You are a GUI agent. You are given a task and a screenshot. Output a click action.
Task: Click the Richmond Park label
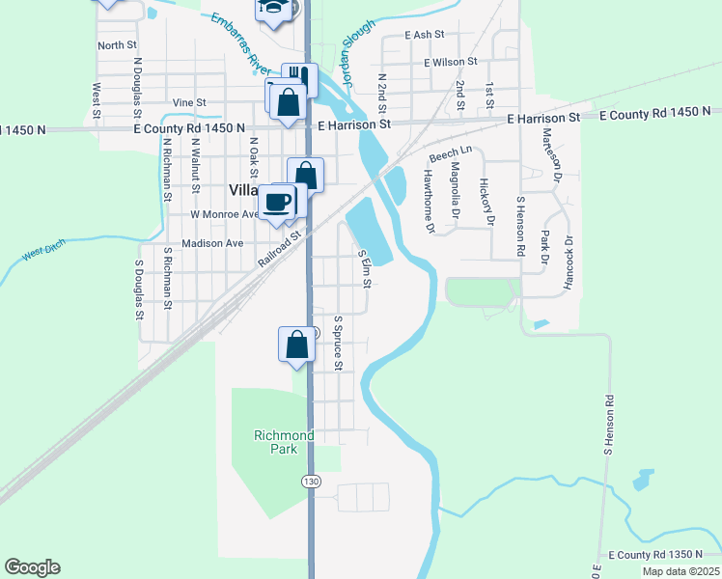click(x=284, y=443)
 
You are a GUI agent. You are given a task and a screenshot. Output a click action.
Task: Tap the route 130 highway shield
click(x=310, y=481)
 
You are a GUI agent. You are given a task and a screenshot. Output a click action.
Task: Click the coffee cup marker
click(x=277, y=202)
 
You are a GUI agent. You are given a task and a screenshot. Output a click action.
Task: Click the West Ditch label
click(x=44, y=253)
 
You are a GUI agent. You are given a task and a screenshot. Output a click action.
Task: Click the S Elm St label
click(x=365, y=268)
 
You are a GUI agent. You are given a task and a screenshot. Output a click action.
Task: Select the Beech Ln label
click(x=451, y=153)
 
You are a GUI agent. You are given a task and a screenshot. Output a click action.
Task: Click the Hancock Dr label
click(x=569, y=263)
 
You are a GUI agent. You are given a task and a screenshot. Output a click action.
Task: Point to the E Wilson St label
click(x=451, y=62)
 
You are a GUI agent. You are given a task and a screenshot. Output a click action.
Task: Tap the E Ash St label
click(x=425, y=34)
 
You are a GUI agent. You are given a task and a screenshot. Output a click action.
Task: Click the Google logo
click(x=32, y=567)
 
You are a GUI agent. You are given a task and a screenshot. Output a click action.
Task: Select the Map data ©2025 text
click(x=680, y=571)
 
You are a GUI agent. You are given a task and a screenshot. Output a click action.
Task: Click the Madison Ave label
click(x=211, y=243)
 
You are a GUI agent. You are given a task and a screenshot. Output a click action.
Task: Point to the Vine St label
click(x=189, y=102)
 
